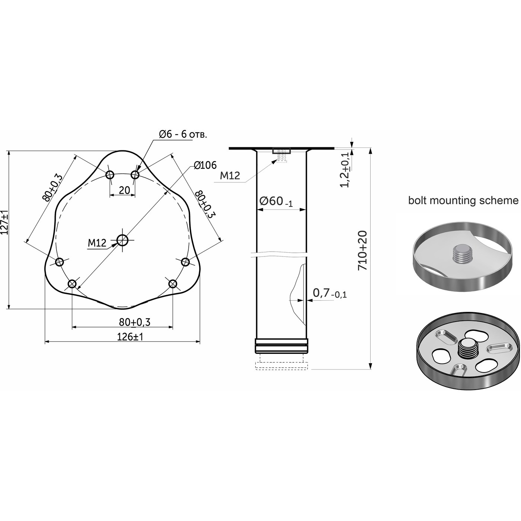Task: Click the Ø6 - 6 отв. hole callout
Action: pos(183,134)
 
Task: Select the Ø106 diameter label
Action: pos(205,165)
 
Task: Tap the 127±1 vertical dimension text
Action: pos(4,222)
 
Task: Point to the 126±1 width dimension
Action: pos(130,337)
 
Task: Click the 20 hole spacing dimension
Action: pos(124,190)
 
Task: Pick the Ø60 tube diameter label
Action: pos(276,201)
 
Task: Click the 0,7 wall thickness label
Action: pos(330,293)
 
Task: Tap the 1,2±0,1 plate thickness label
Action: pos(345,170)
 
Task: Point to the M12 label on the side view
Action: pos(230,176)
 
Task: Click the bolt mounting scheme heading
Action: pos(463,200)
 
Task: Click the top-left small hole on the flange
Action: pos(110,175)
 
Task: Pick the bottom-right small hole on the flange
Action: pos(173,284)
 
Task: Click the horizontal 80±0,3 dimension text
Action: pos(135,322)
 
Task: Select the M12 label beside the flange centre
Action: pos(97,243)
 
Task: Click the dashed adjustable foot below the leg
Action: pos(281,362)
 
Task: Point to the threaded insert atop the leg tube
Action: pos(281,155)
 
